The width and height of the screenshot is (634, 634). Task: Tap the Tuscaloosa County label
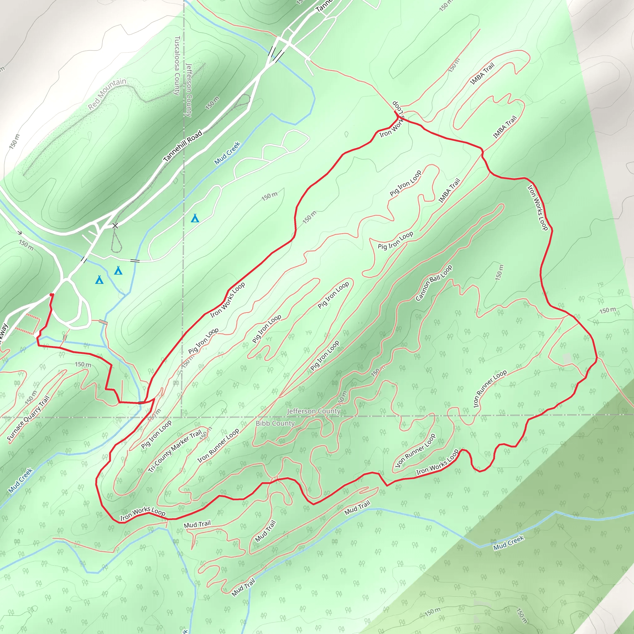pyautogui.click(x=177, y=66)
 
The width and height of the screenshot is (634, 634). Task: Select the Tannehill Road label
pyautogui.click(x=183, y=146)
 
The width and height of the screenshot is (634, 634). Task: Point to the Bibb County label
pyautogui.click(x=275, y=423)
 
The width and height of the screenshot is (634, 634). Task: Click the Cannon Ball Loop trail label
pyautogui.click(x=433, y=283)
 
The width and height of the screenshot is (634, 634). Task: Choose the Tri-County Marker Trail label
pyautogui.click(x=175, y=451)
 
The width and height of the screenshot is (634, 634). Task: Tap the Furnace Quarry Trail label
pyautogui.click(x=28, y=418)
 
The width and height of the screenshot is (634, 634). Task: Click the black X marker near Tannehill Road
pyautogui.click(x=115, y=226)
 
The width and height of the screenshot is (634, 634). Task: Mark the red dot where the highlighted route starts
pyautogui.click(x=51, y=295)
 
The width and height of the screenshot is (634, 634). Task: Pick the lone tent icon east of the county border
pyautogui.click(x=195, y=218)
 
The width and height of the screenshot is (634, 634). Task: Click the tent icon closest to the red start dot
pyautogui.click(x=99, y=280)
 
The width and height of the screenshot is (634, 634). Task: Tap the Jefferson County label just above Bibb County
pyautogui.click(x=313, y=411)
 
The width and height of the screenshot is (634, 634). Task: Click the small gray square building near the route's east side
pyautogui.click(x=567, y=359)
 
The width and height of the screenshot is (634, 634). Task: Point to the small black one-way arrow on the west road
pyautogui.click(x=20, y=233)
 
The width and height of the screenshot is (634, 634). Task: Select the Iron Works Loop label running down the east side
pyautogui.click(x=537, y=208)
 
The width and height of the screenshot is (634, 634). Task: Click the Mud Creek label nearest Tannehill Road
pyautogui.click(x=228, y=153)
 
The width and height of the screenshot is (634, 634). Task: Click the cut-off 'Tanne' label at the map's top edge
pyautogui.click(x=324, y=6)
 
